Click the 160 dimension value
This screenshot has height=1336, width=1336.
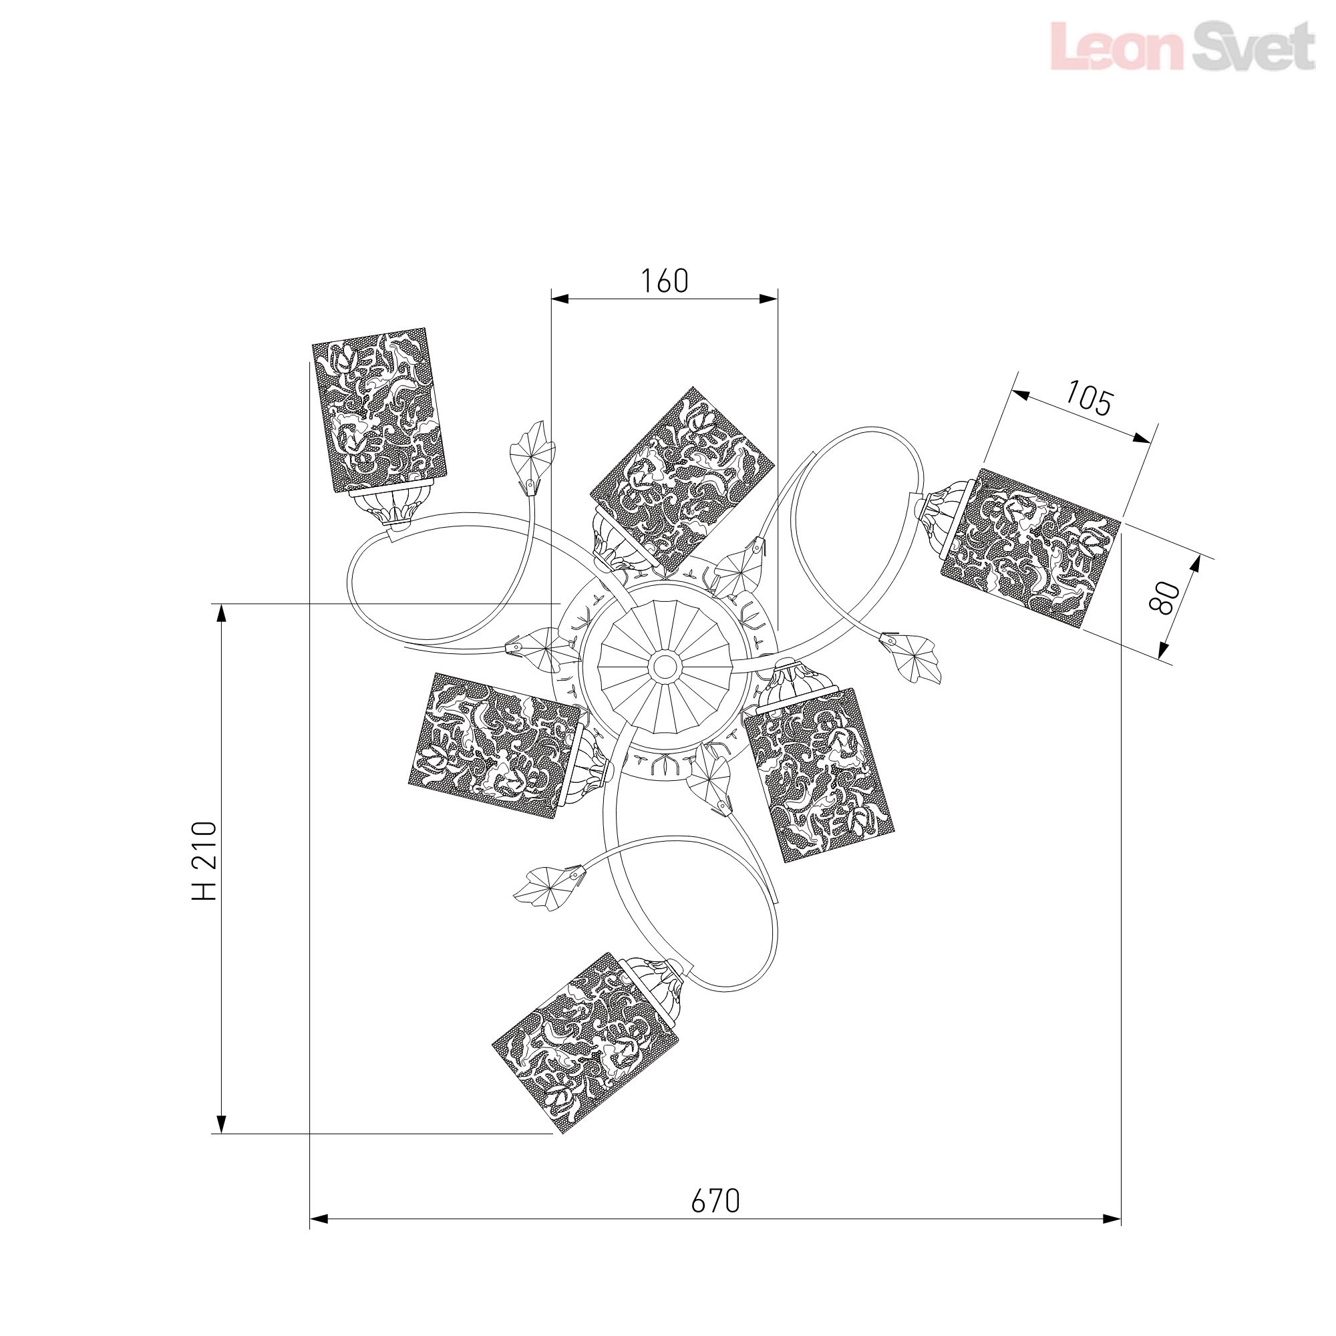(x=665, y=281)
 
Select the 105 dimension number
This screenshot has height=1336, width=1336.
(x=1088, y=399)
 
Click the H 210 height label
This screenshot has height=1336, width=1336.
(x=204, y=861)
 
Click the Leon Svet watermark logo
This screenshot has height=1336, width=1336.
(x=1182, y=45)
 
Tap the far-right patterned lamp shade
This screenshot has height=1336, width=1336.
(x=1029, y=548)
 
